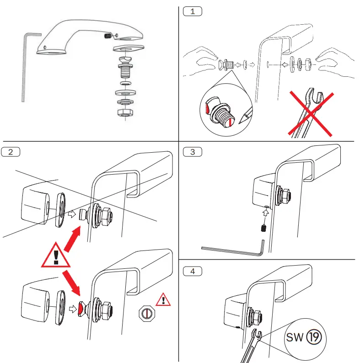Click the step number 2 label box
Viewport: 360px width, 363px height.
click(11, 152)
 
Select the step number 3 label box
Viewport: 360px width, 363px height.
click(192, 152)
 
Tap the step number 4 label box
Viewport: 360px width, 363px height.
click(192, 271)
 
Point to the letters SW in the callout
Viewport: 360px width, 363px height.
click(295, 338)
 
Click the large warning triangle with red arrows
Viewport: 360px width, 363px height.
click(56, 256)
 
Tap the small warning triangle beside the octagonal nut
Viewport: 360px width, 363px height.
click(161, 300)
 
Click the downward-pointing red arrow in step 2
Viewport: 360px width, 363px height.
click(73, 280)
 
